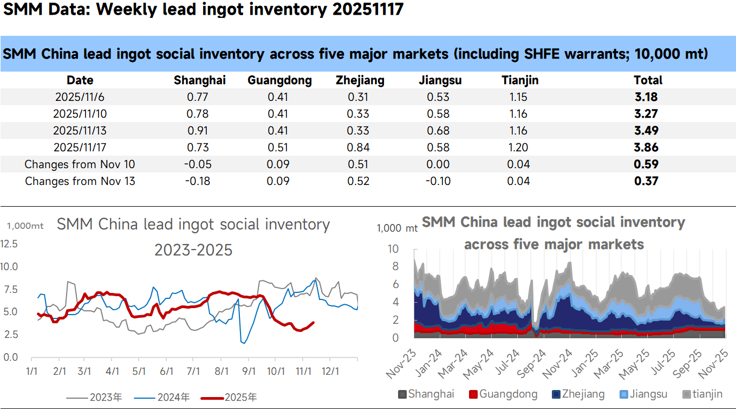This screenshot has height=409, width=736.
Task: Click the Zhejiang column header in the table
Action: [360, 80]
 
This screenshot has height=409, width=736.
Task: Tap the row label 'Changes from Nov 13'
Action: [80, 181]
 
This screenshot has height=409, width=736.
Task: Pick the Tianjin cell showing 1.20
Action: [518, 148]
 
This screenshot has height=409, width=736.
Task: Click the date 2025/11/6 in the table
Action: [80, 97]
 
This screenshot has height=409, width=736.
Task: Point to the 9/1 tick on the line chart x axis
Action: [249, 372]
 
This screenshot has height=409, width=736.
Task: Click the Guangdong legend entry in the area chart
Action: [503, 394]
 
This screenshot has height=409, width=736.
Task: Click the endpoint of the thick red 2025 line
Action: [313, 323]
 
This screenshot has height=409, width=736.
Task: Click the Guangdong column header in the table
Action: [279, 80]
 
